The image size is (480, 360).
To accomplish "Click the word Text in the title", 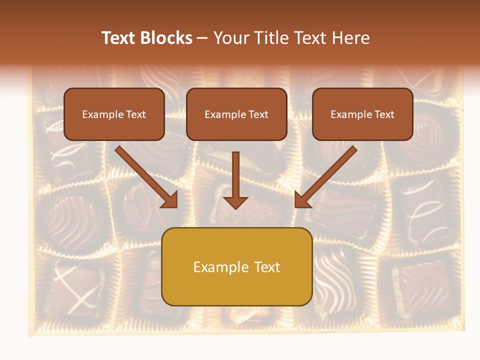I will click(x=119, y=38).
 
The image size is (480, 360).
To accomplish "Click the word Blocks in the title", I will click(x=166, y=38).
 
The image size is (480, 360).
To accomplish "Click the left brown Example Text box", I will click(x=114, y=114).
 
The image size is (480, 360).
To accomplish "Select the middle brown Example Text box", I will click(x=236, y=114).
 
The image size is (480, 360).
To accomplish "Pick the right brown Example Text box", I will click(x=362, y=114).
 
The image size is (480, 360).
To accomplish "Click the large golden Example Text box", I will click(x=236, y=267).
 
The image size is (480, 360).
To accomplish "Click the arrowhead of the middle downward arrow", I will click(x=235, y=202).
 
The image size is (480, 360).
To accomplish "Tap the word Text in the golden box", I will click(x=266, y=267).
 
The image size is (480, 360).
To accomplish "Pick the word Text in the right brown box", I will click(x=384, y=114).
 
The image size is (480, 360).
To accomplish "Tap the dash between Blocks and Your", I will click(x=202, y=38).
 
